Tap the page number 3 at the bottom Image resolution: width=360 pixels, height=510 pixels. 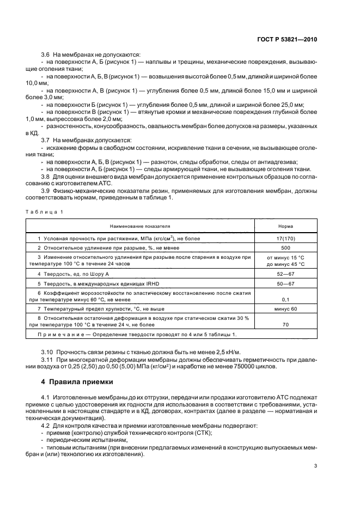tap(315, 465)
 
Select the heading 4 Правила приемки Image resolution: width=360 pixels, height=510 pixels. tap(67, 381)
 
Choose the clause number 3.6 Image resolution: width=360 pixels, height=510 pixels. tap(46, 54)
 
